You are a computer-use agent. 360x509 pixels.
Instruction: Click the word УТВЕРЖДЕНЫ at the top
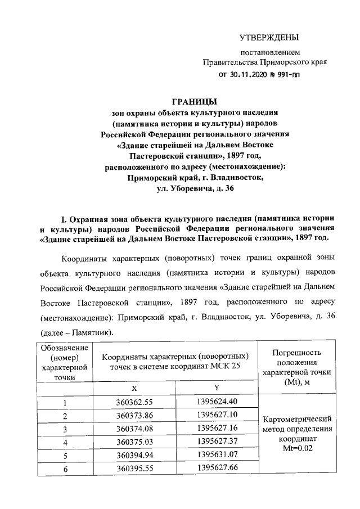(x=268, y=38)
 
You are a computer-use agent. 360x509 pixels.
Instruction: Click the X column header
(x=134, y=388)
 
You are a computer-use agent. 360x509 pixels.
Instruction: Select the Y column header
(x=217, y=388)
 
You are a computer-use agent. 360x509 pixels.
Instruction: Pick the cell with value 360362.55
(x=134, y=402)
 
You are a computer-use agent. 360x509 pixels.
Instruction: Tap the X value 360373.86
(x=134, y=416)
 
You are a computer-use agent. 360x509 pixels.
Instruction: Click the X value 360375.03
(x=134, y=443)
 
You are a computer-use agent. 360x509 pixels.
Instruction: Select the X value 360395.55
(x=134, y=470)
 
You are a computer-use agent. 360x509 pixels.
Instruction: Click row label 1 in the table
(x=65, y=402)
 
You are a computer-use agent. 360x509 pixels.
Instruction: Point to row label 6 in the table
(x=65, y=470)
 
